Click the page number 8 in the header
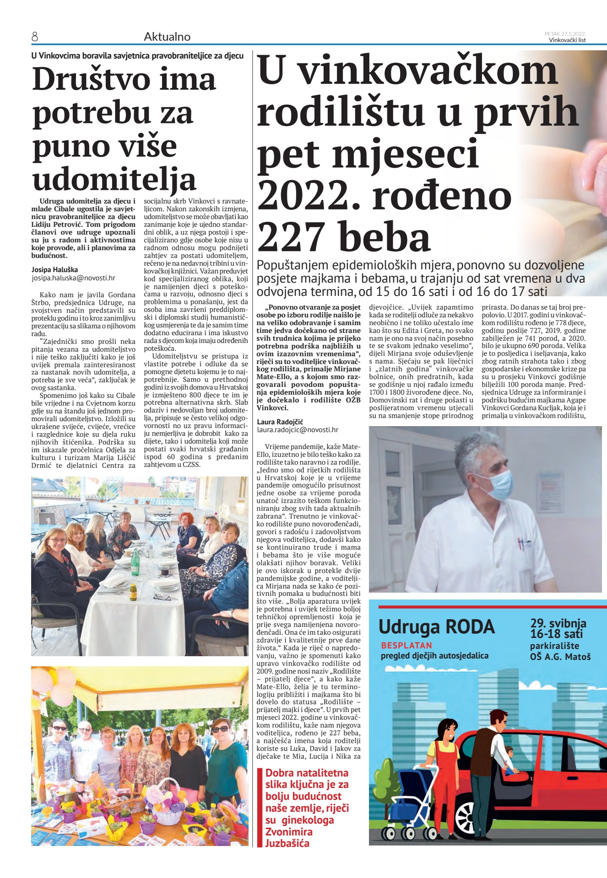35,37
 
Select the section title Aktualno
167,37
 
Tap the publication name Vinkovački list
567,40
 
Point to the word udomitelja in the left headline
114,179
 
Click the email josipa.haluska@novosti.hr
73,278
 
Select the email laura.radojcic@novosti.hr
298,430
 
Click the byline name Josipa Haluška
54,270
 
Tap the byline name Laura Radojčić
280,422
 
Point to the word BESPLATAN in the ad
406,645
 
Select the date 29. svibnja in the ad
558,623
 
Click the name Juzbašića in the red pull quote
287,843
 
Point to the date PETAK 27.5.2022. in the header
565,34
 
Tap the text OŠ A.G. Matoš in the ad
560,657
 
